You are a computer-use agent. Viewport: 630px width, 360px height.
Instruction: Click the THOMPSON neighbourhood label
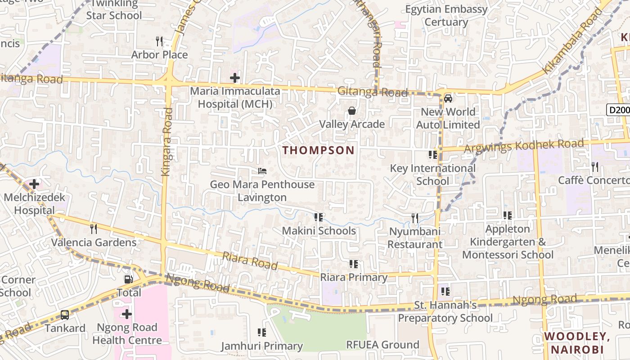point(319,150)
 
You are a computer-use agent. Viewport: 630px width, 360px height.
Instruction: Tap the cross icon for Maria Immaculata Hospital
point(234,78)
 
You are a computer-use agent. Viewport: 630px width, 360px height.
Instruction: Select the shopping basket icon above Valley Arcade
point(352,111)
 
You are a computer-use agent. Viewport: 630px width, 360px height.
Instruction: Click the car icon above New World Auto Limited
point(448,98)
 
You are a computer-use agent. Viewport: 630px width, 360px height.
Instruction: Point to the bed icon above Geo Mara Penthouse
point(262,171)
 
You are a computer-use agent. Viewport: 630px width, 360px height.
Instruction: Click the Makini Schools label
point(319,231)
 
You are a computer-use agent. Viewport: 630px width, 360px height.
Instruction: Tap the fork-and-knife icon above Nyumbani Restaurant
point(415,218)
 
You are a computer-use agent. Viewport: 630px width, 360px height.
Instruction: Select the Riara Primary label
point(354,277)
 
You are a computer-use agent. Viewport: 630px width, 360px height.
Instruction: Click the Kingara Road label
point(167,141)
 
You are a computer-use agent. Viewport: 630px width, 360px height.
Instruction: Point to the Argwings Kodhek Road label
point(524,146)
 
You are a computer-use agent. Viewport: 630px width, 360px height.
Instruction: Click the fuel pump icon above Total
point(129,279)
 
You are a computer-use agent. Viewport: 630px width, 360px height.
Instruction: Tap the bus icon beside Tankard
point(65,315)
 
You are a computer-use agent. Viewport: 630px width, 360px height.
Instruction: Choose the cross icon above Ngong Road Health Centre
point(127,314)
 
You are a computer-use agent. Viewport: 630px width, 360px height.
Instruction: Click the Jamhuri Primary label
point(261,346)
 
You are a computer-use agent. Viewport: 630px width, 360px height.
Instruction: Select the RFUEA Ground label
point(382,345)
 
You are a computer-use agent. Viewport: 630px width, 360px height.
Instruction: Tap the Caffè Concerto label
point(594,180)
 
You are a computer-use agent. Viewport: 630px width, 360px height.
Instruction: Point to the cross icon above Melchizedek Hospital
point(34,184)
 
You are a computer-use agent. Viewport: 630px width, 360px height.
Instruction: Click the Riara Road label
point(250,261)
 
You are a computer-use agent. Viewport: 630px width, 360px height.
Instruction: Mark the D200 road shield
point(618,110)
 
